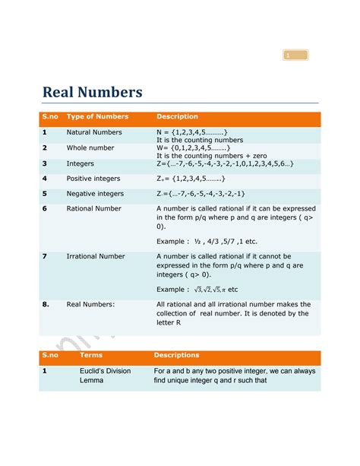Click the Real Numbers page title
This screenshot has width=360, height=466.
tap(92, 93)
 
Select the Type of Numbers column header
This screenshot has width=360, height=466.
tap(97, 117)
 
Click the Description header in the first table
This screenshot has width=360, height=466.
tap(177, 117)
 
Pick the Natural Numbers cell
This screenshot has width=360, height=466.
tap(94, 132)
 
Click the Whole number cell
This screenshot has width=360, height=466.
tap(90, 147)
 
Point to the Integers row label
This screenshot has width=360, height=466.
tap(80, 163)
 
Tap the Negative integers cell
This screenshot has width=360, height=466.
tap(95, 193)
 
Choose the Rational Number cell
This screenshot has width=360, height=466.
tap(93, 208)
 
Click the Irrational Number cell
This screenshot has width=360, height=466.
tap(96, 257)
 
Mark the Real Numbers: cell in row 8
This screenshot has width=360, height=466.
tap(90, 304)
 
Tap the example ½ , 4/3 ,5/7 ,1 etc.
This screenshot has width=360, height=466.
tap(207, 241)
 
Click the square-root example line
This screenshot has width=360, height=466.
tap(197, 290)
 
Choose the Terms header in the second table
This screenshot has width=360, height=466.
tap(91, 355)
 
